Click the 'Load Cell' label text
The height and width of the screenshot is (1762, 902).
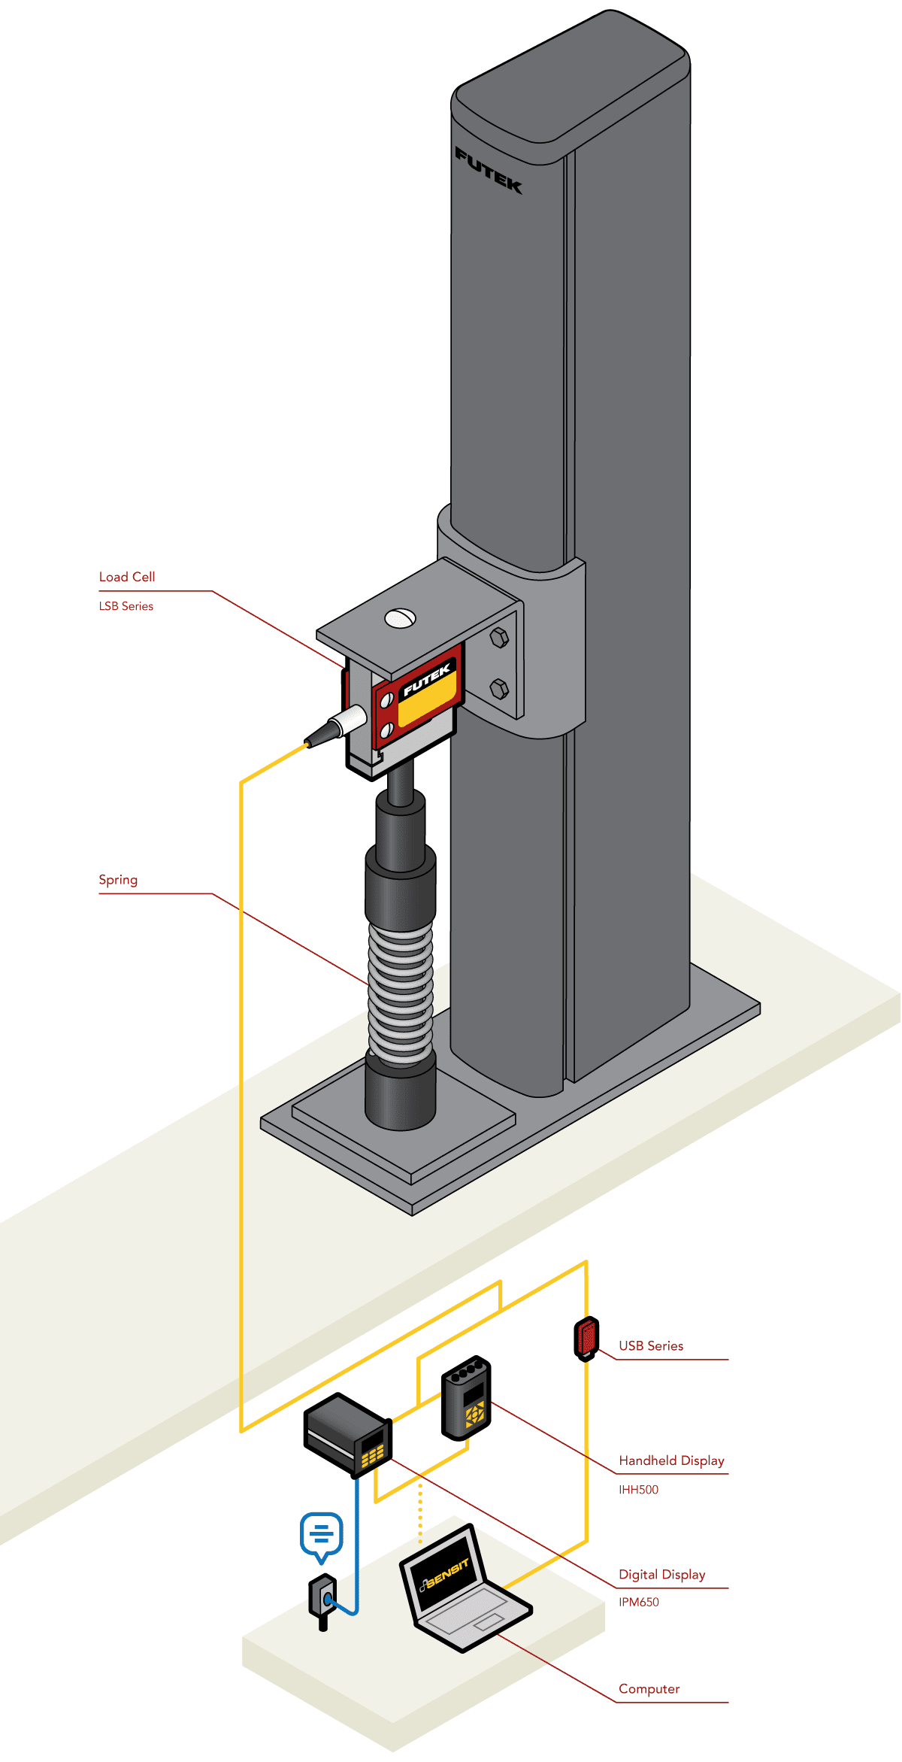point(127,577)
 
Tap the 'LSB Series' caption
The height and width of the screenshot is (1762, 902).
point(126,606)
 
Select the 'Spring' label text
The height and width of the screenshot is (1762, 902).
point(118,880)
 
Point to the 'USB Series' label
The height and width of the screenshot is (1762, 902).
point(651,1346)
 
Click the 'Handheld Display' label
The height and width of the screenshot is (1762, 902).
point(671,1460)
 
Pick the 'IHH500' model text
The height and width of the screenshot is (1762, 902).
point(638,1490)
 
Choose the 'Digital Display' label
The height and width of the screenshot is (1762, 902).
point(661,1575)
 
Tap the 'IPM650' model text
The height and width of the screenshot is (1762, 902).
point(639,1603)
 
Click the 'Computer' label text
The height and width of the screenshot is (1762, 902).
point(649,1689)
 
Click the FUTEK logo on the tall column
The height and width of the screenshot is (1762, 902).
point(489,171)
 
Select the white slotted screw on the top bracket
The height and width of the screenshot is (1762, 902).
point(400,618)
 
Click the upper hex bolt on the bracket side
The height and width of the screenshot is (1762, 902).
point(499,638)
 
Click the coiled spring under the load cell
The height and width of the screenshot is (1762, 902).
point(401,993)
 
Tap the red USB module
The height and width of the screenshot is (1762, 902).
point(586,1338)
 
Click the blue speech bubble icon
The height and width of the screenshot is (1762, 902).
point(322,1534)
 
